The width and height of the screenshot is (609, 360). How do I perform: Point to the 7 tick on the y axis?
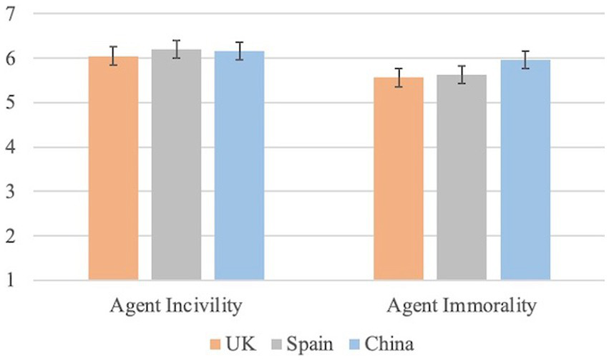tap(11, 14)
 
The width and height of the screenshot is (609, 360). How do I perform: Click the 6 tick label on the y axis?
tap(11, 58)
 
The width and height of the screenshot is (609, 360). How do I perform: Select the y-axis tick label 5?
tap(11, 102)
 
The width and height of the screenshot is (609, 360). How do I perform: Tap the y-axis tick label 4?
tap(11, 147)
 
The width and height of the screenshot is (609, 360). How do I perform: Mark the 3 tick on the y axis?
tap(11, 192)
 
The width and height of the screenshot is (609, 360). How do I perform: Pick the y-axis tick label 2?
tap(11, 236)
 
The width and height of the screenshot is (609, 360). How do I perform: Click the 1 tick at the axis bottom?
tap(11, 281)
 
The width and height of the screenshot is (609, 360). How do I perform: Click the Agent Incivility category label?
tap(175, 307)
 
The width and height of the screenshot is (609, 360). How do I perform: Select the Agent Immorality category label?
tap(462, 307)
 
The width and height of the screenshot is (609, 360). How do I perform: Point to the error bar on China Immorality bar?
tap(525, 60)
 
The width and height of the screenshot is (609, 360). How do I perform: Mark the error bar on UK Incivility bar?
tap(113, 56)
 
